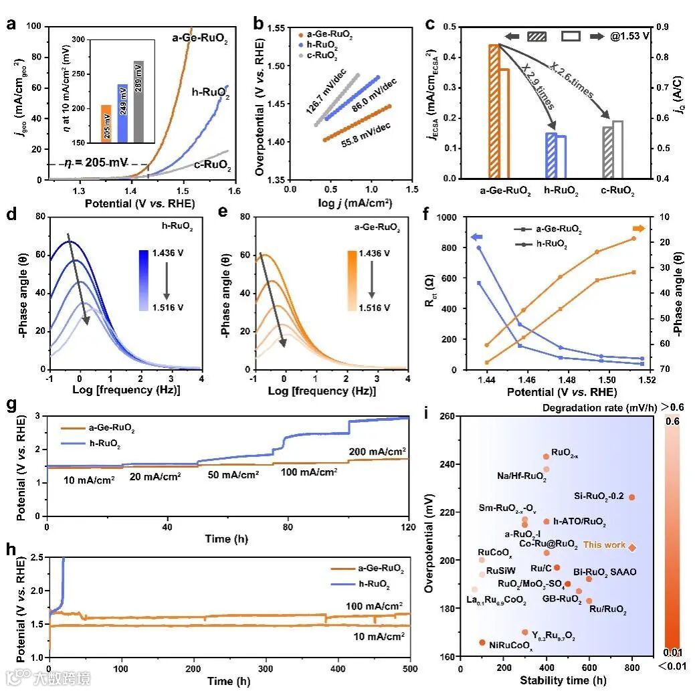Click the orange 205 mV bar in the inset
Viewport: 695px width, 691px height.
click(x=106, y=124)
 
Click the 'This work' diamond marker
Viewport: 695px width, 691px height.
click(x=632, y=547)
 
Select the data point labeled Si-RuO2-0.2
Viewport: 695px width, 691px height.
click(x=631, y=497)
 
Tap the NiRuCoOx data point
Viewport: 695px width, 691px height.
click(x=482, y=642)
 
